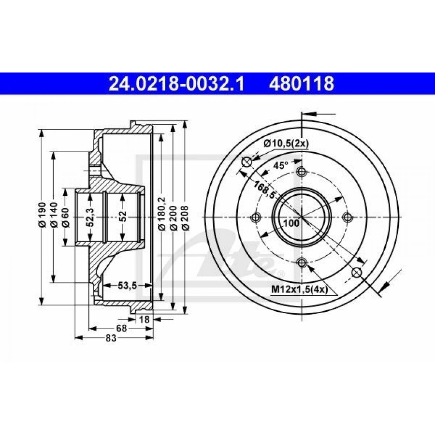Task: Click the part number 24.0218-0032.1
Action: pyautogui.click(x=176, y=84)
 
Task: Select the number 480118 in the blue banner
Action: pyautogui.click(x=301, y=84)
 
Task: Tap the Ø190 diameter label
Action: pyautogui.click(x=42, y=215)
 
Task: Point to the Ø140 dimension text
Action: pyautogui.click(x=54, y=215)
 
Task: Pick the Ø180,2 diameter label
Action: pyautogui.click(x=162, y=214)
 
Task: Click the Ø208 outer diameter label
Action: pyautogui.click(x=185, y=218)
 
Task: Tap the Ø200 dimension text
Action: pyautogui.click(x=174, y=218)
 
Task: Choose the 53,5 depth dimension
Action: pyautogui.click(x=128, y=285)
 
